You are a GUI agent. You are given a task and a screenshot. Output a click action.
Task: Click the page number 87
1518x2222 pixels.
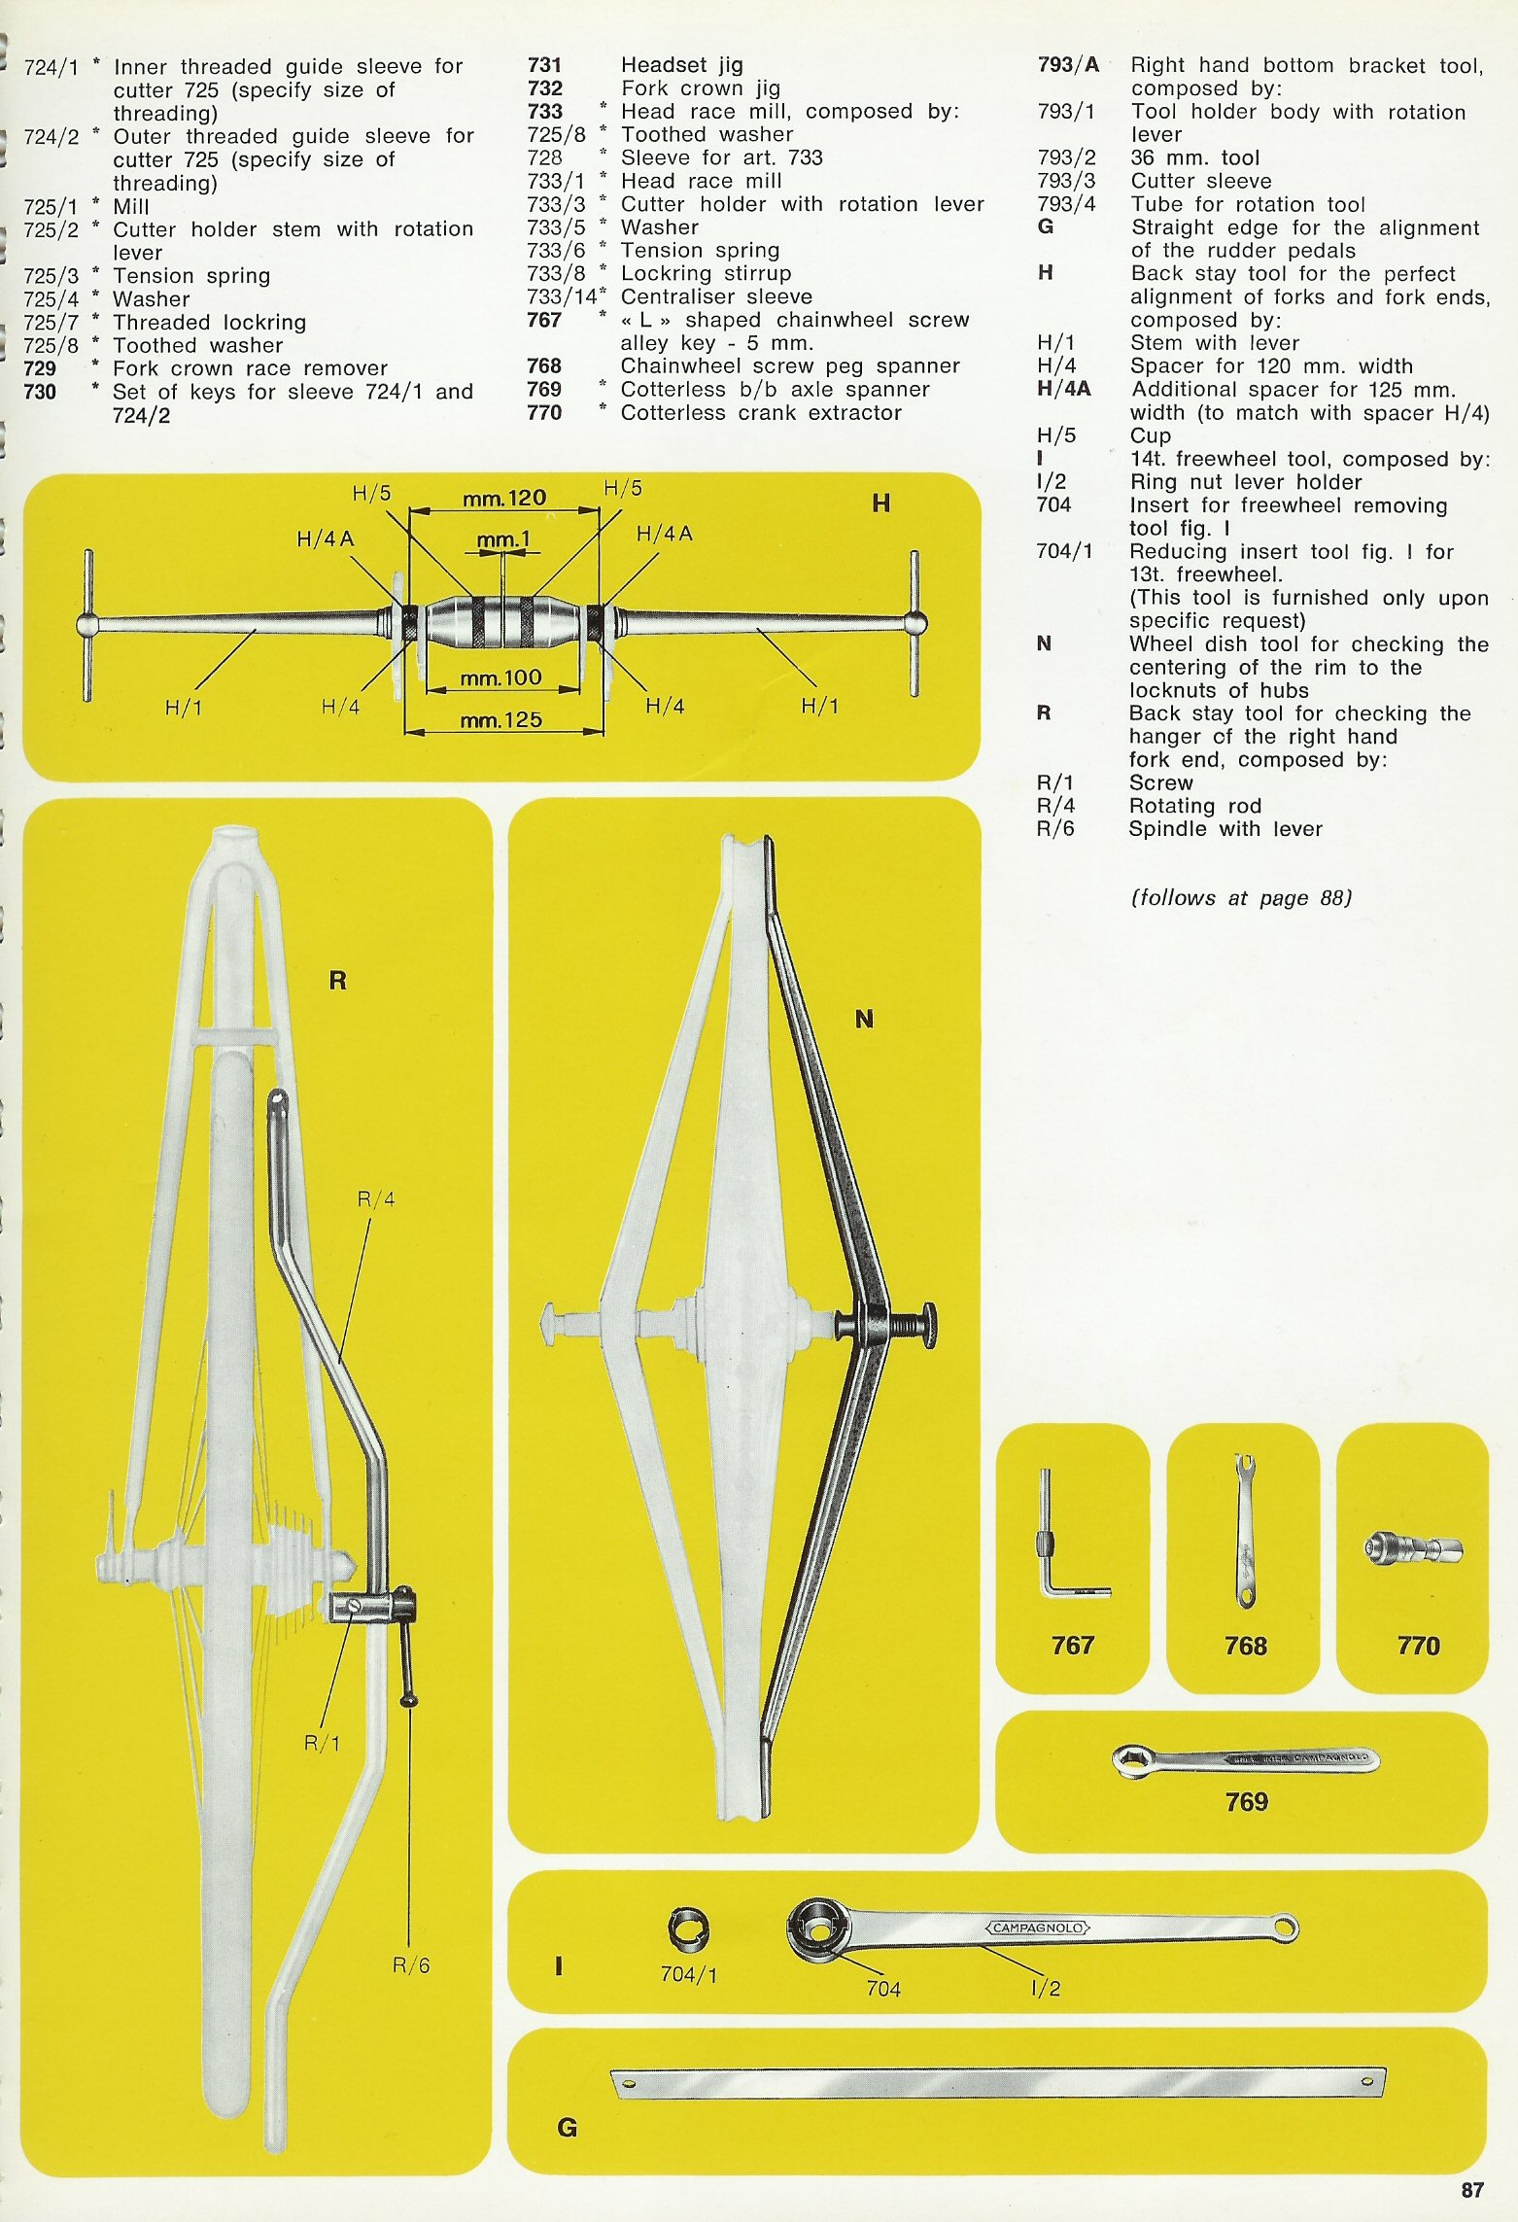click(x=1472, y=2189)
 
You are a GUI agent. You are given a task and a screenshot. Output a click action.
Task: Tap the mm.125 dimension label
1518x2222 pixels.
click(x=500, y=720)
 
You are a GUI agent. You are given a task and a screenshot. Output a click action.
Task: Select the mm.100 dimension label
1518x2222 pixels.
click(x=500, y=677)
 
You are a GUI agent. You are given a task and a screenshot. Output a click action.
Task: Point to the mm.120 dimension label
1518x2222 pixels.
click(x=504, y=499)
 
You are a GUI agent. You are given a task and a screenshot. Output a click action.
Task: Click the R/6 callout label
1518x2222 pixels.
click(x=410, y=1965)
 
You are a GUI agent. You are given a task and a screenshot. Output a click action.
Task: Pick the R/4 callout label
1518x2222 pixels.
click(x=376, y=1199)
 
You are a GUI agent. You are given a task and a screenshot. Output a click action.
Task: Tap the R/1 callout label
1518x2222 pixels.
click(x=323, y=1743)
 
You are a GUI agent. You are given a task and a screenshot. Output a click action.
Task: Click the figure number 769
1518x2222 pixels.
click(x=1246, y=1801)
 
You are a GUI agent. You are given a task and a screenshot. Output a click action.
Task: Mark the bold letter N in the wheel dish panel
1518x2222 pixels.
click(x=864, y=1019)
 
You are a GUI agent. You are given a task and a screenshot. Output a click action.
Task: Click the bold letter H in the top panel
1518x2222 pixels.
click(x=880, y=503)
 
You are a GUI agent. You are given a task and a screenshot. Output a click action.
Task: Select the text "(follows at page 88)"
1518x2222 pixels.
click(x=1241, y=897)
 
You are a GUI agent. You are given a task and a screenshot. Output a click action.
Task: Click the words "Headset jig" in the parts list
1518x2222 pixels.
click(x=681, y=65)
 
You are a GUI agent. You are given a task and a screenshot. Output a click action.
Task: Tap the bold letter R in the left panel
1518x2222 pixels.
click(x=337, y=980)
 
